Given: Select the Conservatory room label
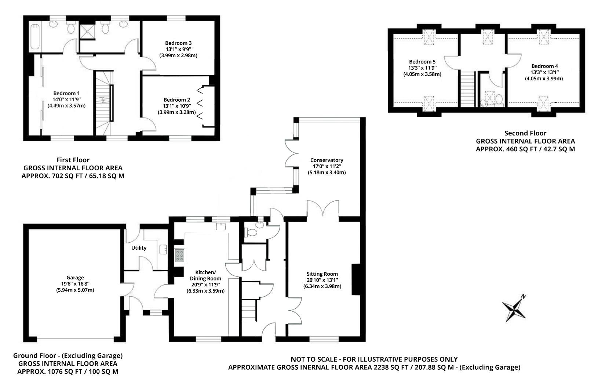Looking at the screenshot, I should point(327,160).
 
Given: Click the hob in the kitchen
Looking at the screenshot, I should point(180,256).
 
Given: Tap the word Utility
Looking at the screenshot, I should point(139,248).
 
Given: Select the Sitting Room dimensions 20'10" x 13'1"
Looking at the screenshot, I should point(322,280).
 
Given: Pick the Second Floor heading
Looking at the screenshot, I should point(525,133).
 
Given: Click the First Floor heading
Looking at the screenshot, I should point(73,160).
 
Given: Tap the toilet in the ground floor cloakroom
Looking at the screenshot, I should point(252,233).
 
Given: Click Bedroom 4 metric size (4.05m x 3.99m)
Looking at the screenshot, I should point(544,79).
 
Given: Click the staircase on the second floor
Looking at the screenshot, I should point(467,88).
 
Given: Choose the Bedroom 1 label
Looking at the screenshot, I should point(66,93).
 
